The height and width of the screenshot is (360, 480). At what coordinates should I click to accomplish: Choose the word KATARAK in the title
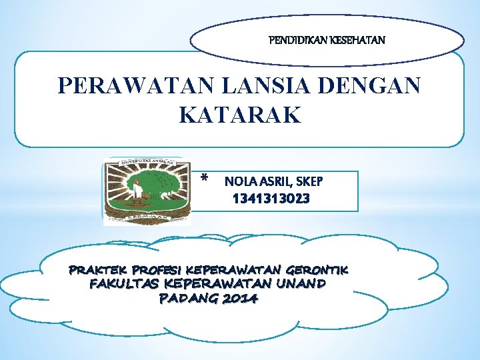tap(240, 115)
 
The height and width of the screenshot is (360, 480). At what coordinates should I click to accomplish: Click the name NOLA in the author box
tap(237, 181)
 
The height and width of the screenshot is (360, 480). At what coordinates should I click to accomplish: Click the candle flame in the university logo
tap(137, 181)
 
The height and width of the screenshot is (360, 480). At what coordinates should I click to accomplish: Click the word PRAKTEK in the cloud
tap(99, 271)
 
